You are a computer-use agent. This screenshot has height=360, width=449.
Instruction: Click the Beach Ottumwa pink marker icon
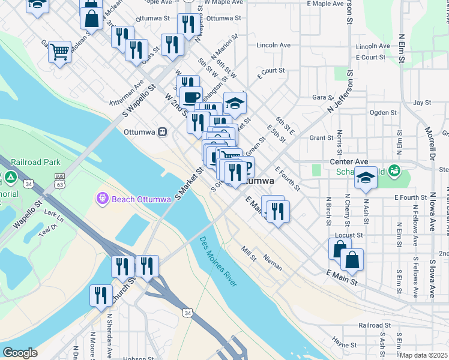click(101, 197)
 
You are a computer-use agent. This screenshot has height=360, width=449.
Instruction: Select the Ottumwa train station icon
click(162, 132)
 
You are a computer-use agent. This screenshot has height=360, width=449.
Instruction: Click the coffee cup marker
click(191, 97)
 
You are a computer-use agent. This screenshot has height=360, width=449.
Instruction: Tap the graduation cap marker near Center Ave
click(366, 177)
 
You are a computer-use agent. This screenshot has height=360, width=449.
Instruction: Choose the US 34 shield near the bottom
click(188, 313)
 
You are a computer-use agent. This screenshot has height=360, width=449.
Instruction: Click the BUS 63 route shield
click(59, 179)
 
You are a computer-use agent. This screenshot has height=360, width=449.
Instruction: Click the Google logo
click(20, 353)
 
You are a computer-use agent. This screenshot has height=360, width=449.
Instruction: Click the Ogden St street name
click(383, 113)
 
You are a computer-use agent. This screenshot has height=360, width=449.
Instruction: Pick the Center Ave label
click(349, 162)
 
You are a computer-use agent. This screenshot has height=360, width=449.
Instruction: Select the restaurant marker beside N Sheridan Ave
click(100, 295)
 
